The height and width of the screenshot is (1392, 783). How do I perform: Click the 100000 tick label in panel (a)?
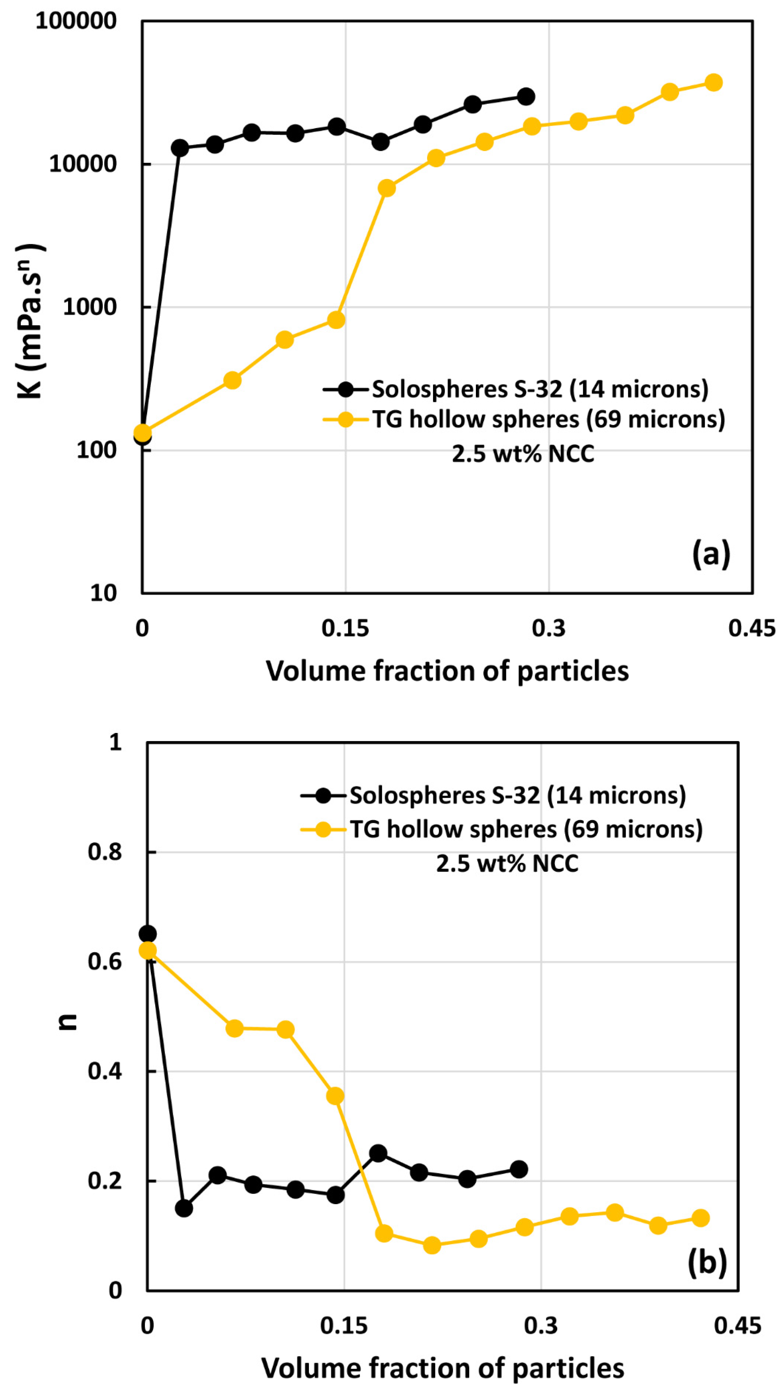(x=76, y=21)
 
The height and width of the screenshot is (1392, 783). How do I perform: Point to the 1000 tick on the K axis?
(x=90, y=307)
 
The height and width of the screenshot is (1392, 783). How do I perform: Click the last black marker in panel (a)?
(x=526, y=97)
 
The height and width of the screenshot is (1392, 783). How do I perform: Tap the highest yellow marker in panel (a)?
(x=713, y=83)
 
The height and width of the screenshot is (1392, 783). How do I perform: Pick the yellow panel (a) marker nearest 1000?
(x=336, y=320)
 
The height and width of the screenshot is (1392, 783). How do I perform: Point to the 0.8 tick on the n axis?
(x=104, y=852)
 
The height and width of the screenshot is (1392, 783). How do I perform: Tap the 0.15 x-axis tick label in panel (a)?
(x=345, y=628)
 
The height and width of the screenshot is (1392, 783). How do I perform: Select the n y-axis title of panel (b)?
(x=68, y=1020)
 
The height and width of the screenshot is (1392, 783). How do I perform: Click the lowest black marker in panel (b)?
(x=184, y=1208)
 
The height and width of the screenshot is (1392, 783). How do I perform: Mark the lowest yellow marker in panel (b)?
(x=431, y=1245)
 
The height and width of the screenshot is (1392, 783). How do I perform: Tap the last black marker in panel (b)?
(x=519, y=1169)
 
